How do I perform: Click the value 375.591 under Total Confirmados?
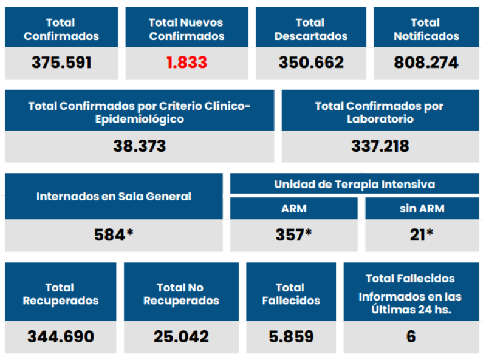click(x=61, y=63)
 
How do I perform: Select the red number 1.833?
click(x=187, y=63)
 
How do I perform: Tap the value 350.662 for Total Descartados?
click(x=311, y=63)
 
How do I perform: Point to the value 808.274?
click(x=426, y=63)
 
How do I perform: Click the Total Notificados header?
click(x=426, y=29)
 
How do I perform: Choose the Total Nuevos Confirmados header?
click(x=187, y=29)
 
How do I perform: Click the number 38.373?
click(x=139, y=146)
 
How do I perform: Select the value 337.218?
click(x=380, y=146)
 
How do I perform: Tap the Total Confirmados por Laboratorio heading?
click(x=380, y=112)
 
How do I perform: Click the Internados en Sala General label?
click(x=114, y=196)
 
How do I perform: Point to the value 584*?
click(x=114, y=234)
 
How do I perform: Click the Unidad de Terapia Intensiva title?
click(x=355, y=184)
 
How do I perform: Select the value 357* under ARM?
click(x=294, y=234)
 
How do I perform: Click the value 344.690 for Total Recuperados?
click(x=61, y=336)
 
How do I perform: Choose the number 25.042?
click(x=180, y=336)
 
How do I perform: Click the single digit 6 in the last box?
click(x=411, y=336)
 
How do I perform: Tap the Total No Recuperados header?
click(x=180, y=294)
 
